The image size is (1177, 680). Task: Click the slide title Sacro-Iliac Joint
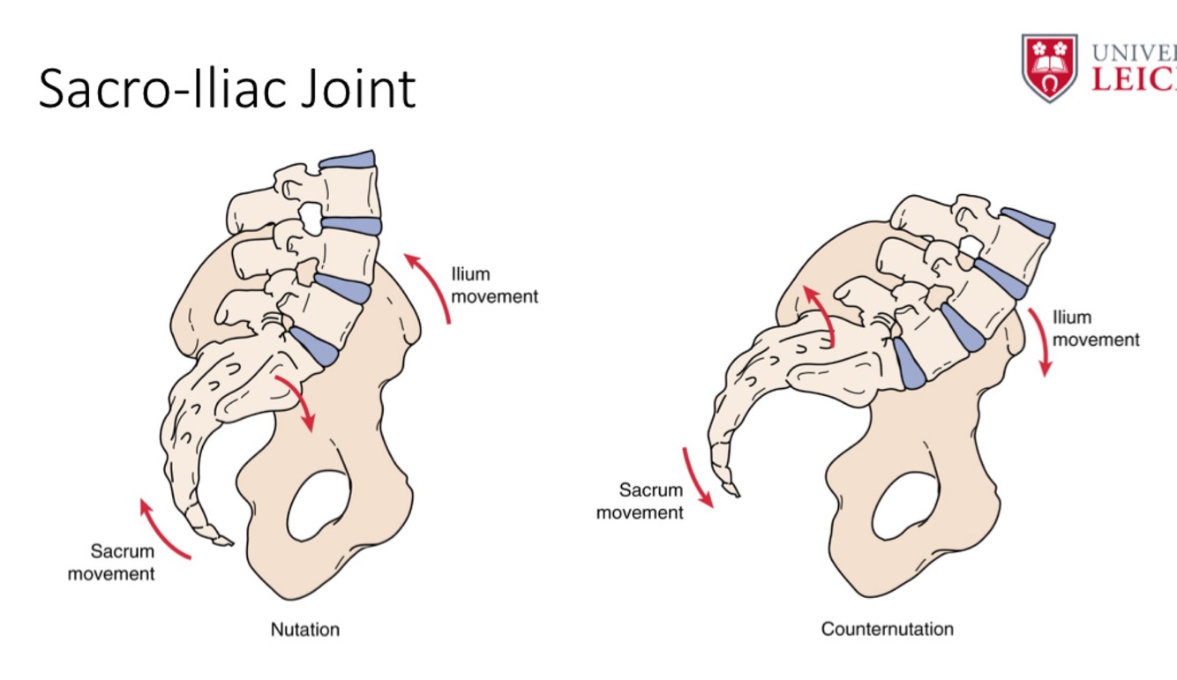pos(227,88)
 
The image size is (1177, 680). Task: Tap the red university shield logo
pos(1049,67)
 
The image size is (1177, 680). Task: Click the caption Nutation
pos(304,630)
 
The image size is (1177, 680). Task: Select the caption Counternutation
pos(887,630)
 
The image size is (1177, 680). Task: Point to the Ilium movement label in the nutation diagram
pos(494,286)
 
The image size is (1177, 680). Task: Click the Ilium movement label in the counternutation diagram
pos(1096,328)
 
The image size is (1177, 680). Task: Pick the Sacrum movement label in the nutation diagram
pos(111,563)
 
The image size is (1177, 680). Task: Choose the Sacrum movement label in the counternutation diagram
pos(640,501)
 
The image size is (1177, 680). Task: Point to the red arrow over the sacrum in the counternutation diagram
pos(821,313)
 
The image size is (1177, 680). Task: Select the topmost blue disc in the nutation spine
pos(347,160)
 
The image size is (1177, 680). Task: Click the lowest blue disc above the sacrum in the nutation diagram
pos(315,347)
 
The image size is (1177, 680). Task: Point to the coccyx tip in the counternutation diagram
pos(731,489)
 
